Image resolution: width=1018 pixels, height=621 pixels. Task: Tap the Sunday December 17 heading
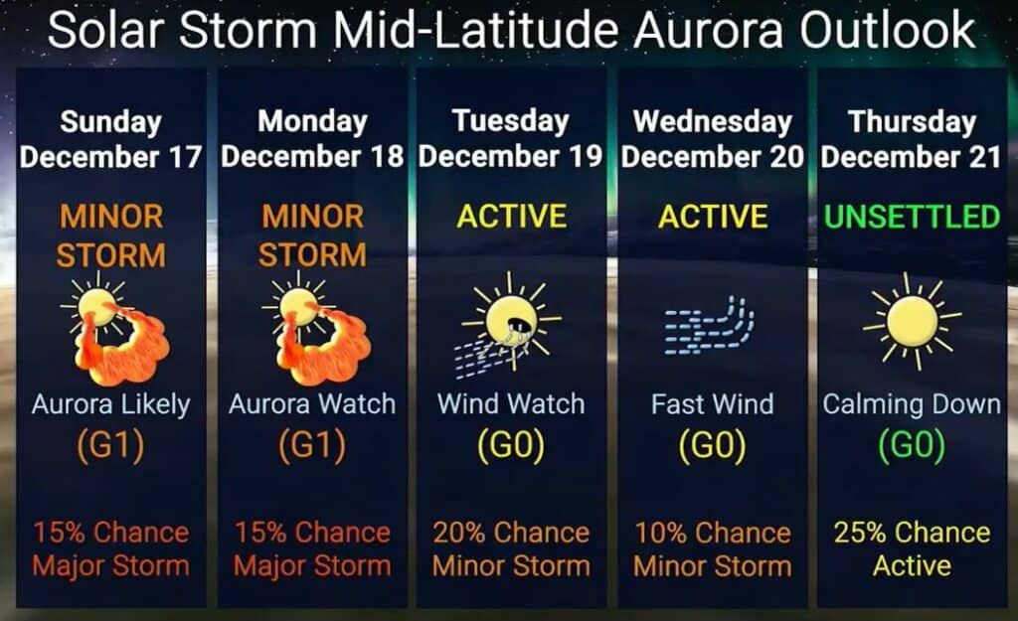pyautogui.click(x=111, y=139)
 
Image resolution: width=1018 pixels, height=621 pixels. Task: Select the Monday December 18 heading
pyautogui.click(x=312, y=139)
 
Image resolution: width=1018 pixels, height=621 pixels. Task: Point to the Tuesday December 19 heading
pyautogui.click(x=511, y=139)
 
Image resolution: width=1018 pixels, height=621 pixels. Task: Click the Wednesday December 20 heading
pyautogui.click(x=712, y=139)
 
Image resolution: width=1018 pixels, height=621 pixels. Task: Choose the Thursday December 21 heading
pyautogui.click(x=912, y=139)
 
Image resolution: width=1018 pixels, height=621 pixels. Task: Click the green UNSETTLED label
pyautogui.click(x=913, y=217)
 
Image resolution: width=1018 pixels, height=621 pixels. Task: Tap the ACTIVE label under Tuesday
pyautogui.click(x=512, y=217)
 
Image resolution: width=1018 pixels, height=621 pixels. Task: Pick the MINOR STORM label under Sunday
pyautogui.click(x=111, y=235)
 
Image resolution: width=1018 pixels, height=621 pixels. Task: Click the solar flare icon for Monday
pyautogui.click(x=317, y=329)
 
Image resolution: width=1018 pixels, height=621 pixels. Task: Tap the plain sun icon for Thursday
pyautogui.click(x=913, y=321)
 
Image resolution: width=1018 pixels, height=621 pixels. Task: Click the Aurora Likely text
pyautogui.click(x=111, y=405)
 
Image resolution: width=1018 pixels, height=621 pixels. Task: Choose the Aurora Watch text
pyautogui.click(x=312, y=404)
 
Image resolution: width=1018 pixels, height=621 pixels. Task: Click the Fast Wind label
pyautogui.click(x=712, y=404)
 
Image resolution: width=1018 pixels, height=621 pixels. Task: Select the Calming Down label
pyautogui.click(x=912, y=405)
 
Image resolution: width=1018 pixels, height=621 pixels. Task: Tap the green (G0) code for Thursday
pyautogui.click(x=913, y=445)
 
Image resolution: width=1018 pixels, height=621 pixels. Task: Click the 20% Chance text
pyautogui.click(x=512, y=533)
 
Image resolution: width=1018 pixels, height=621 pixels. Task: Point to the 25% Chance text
pyautogui.click(x=913, y=533)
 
